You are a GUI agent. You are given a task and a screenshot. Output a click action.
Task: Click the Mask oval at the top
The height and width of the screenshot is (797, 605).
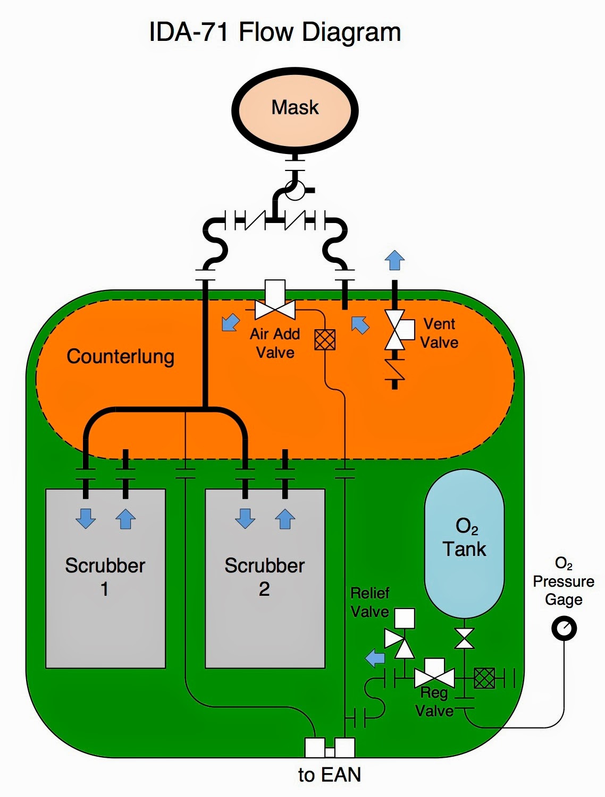pyautogui.click(x=295, y=109)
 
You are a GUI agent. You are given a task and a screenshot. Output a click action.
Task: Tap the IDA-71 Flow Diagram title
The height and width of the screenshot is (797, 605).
pyautogui.click(x=275, y=32)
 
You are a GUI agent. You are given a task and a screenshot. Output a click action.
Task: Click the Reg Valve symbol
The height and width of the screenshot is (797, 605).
pyautogui.click(x=434, y=678)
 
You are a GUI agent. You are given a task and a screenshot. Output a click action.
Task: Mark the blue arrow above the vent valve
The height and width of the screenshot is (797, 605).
pyautogui.click(x=394, y=260)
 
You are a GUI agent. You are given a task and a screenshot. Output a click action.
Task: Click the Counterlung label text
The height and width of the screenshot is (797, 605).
pyautogui.click(x=120, y=356)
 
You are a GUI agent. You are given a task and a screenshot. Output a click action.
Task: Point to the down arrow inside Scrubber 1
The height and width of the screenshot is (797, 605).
pyautogui.click(x=86, y=518)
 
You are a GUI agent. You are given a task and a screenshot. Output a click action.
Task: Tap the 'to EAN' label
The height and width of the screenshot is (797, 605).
pyautogui.click(x=330, y=775)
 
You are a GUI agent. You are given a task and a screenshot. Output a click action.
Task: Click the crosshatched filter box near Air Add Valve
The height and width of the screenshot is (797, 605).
pyautogui.click(x=325, y=340)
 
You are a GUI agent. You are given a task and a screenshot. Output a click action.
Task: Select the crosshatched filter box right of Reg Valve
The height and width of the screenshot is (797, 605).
pyautogui.click(x=484, y=678)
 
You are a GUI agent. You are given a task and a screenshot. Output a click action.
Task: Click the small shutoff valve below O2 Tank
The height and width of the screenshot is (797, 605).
pyautogui.click(x=464, y=638)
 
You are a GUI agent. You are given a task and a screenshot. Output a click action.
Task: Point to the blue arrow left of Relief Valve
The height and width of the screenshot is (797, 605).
pyautogui.click(x=375, y=658)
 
